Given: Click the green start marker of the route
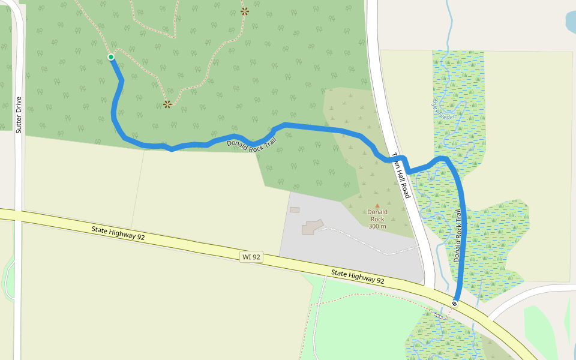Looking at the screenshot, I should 111,57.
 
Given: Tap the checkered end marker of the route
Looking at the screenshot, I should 455,303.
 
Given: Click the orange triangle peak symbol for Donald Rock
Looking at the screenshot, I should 377,205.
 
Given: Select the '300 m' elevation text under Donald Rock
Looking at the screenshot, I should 377,226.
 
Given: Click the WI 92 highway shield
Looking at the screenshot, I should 251,257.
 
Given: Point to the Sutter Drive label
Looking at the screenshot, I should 19,115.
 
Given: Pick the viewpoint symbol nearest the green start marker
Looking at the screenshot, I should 167,104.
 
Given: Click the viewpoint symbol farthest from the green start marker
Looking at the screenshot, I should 245,11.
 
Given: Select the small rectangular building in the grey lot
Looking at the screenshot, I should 295,209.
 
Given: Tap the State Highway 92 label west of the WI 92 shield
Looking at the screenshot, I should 118,233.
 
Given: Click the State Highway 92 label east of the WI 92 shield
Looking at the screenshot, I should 358,277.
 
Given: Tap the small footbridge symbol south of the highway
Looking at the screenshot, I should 439,315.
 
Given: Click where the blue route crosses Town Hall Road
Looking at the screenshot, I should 397,158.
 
